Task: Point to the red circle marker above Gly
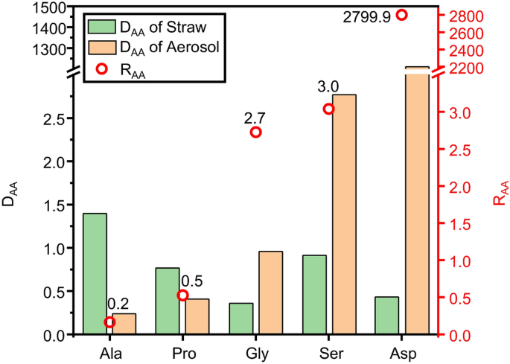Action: pyautogui.click(x=256, y=132)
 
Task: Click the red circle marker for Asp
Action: pyautogui.click(x=402, y=15)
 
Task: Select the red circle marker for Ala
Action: pyautogui.click(x=110, y=322)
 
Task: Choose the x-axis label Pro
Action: pyautogui.click(x=183, y=352)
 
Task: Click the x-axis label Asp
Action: pyautogui.click(x=402, y=352)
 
